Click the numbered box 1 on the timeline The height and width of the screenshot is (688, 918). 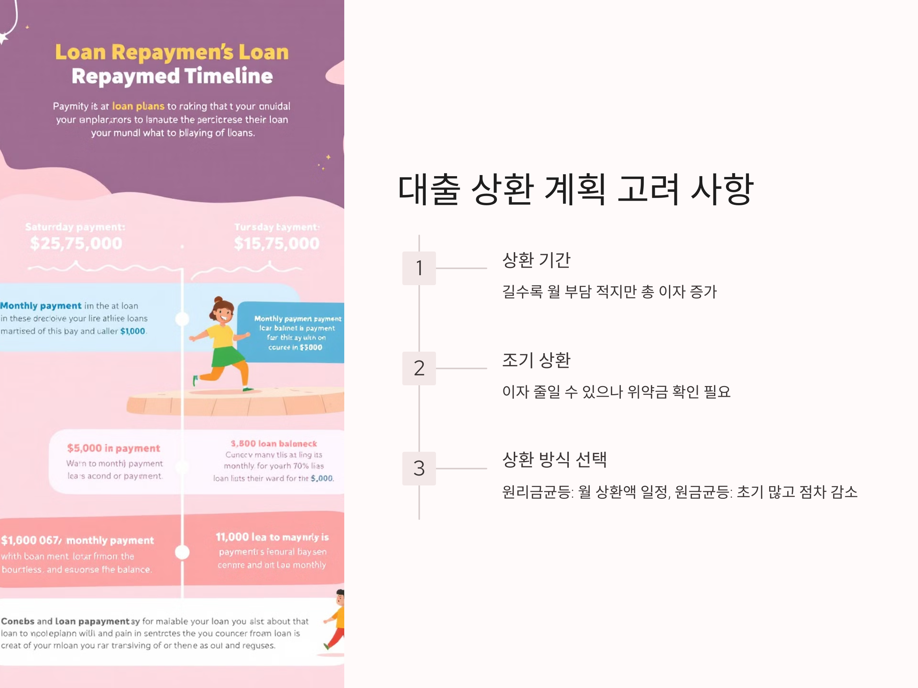pyautogui.click(x=419, y=268)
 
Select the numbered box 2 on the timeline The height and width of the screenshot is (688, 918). pyautogui.click(x=419, y=368)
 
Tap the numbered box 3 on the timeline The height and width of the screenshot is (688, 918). pyautogui.click(x=419, y=468)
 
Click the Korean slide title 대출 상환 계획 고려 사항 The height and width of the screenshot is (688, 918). pyautogui.click(x=575, y=190)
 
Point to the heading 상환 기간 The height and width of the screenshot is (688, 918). pyautogui.click(x=536, y=260)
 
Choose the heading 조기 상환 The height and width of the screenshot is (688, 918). pyautogui.click(x=536, y=360)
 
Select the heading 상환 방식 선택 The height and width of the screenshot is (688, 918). pyautogui.click(x=555, y=459)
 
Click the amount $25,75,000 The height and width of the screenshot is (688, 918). pyautogui.click(x=76, y=243)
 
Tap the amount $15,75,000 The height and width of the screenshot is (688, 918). pyautogui.click(x=277, y=243)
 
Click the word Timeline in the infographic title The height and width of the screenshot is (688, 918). pyautogui.click(x=228, y=76)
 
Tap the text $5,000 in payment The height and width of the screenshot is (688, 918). pyautogui.click(x=113, y=448)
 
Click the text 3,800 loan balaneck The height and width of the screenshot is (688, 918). pyautogui.click(x=273, y=444)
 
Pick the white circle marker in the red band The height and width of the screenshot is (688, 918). pyautogui.click(x=182, y=552)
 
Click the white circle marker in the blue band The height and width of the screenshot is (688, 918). pyautogui.click(x=182, y=319)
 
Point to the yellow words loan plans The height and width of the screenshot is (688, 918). pyautogui.click(x=138, y=106)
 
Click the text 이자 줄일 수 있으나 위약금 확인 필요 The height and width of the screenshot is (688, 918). pyautogui.click(x=616, y=392)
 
